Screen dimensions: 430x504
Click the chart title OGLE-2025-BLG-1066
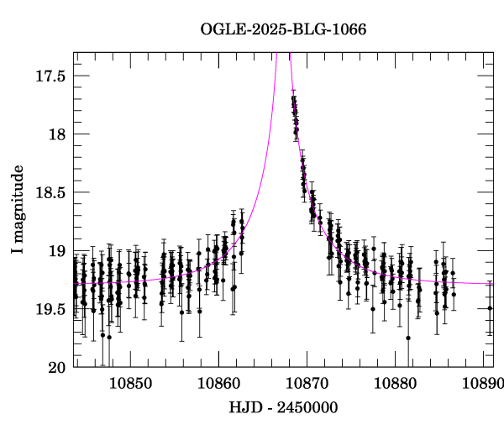coord(283,29)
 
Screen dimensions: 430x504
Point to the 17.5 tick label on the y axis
coord(50,76)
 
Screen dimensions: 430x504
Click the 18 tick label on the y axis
coord(58,134)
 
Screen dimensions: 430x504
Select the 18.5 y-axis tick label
coord(50,192)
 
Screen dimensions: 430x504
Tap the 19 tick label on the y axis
coord(58,251)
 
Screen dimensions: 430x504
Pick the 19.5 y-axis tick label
coord(50,309)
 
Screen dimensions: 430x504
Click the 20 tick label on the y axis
coord(58,368)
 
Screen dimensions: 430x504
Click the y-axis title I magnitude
coord(17,210)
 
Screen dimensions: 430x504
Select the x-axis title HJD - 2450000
coord(283,407)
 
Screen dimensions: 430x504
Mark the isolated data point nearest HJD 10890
coord(490,308)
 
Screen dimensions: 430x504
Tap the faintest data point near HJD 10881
coord(407,338)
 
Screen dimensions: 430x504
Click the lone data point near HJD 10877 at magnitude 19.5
coord(373,308)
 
